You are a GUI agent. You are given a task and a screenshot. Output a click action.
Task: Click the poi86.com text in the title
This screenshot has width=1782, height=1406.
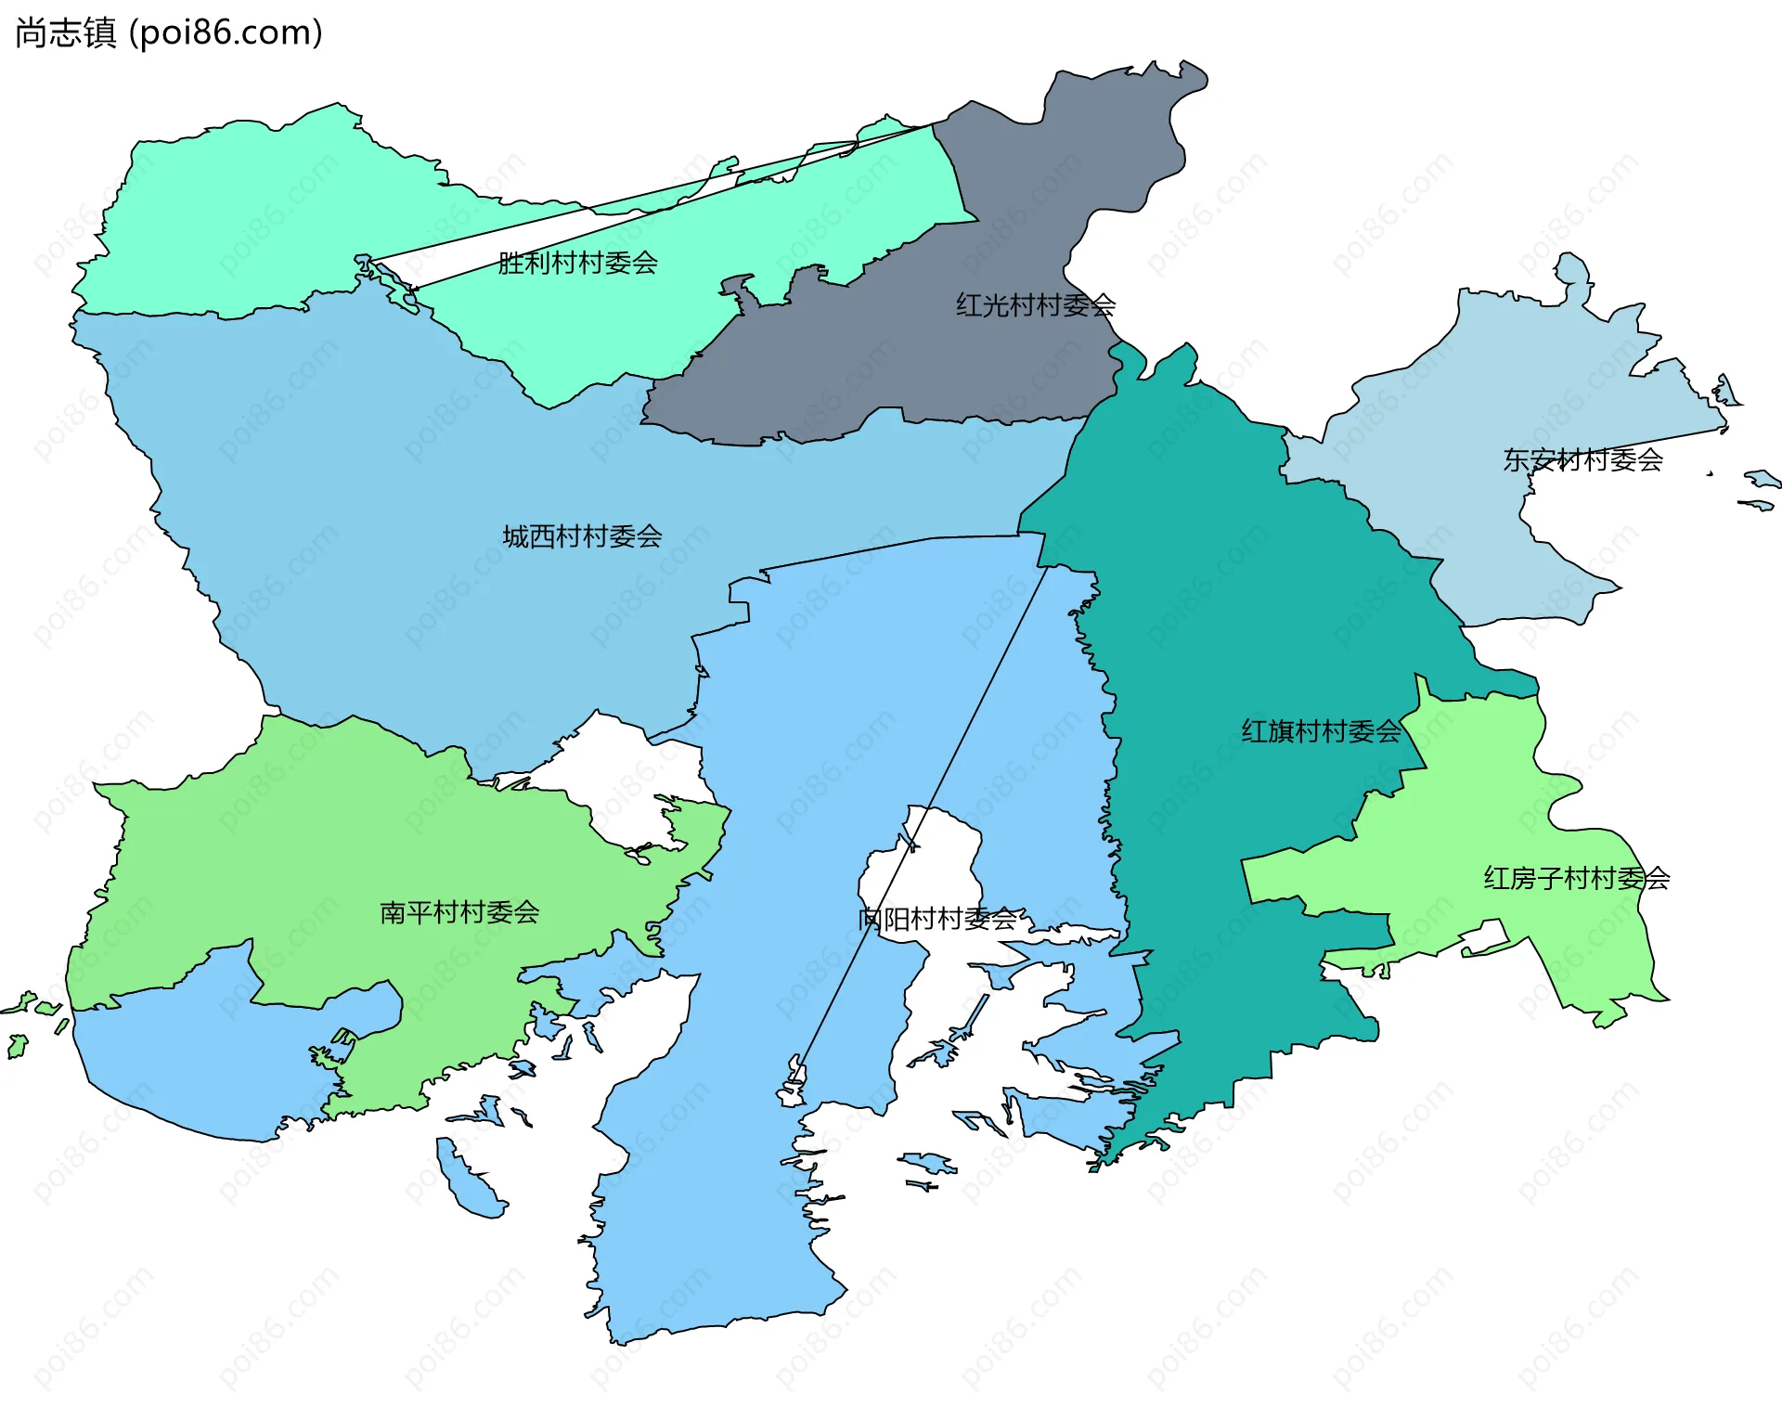pyautogui.click(x=226, y=32)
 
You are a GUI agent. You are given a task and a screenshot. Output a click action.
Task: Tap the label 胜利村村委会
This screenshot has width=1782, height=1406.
pyautogui.click(x=577, y=264)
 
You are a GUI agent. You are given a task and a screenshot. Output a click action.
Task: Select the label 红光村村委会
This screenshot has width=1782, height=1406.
pyautogui.click(x=1036, y=305)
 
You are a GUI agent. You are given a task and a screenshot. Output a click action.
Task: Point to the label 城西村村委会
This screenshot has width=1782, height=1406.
pyautogui.click(x=582, y=536)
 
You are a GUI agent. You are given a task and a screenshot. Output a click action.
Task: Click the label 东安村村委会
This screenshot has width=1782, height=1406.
pyautogui.click(x=1582, y=459)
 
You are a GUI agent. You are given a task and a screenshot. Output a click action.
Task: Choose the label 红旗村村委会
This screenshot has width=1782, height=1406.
pyautogui.click(x=1321, y=731)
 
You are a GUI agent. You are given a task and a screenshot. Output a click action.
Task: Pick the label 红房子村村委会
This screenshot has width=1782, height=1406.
pyautogui.click(x=1576, y=878)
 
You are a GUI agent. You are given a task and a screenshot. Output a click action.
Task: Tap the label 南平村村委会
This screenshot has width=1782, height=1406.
pyautogui.click(x=459, y=912)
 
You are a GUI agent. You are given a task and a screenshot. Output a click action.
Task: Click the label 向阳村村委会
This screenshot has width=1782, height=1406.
pyautogui.click(x=937, y=919)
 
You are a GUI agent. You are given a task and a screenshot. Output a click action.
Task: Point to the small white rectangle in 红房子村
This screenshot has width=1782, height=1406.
pyautogui.click(x=1485, y=937)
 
